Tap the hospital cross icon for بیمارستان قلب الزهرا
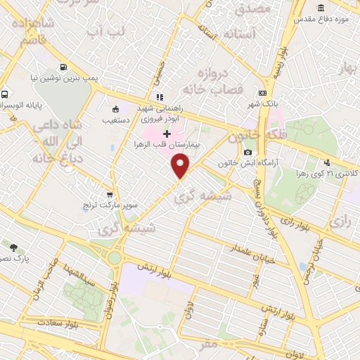coord(167,134)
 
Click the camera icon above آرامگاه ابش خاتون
coord(247,153)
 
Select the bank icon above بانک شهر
coord(262,93)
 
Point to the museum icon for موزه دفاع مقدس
coord(321,8)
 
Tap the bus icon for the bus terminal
coord(6,94)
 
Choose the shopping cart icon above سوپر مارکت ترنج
coord(109,176)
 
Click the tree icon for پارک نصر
coord(13,247)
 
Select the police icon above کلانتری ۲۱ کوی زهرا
coord(327,162)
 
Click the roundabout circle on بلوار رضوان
coord(114,258)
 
